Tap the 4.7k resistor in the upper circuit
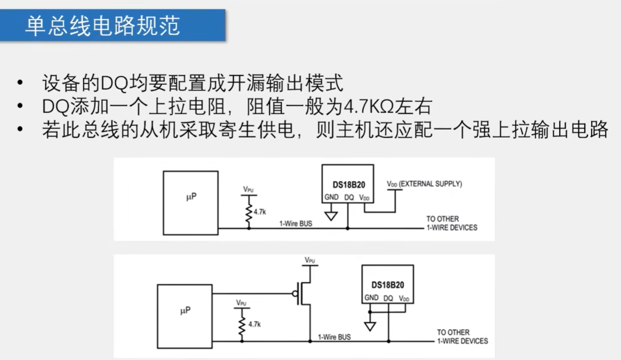249,212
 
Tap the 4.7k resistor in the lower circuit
242,324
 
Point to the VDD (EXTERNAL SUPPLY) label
424,184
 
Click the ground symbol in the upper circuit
331,215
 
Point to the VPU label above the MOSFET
310,260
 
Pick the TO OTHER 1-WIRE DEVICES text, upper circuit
451,223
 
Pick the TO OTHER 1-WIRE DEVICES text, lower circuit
462,337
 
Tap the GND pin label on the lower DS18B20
371,298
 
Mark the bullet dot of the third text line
20,130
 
